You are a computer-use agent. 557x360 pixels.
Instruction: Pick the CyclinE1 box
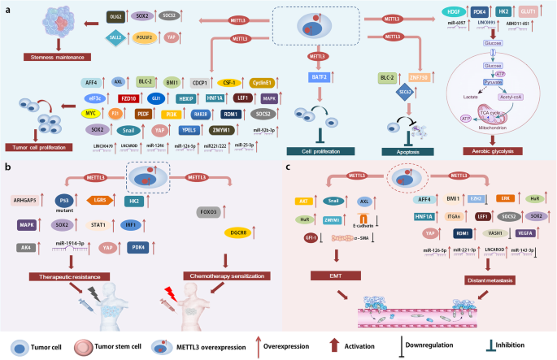pyautogui.click(x=261, y=82)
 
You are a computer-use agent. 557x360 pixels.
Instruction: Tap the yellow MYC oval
pyautogui.click(x=92, y=114)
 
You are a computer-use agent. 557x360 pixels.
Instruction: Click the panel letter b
pyautogui.click(x=7, y=167)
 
